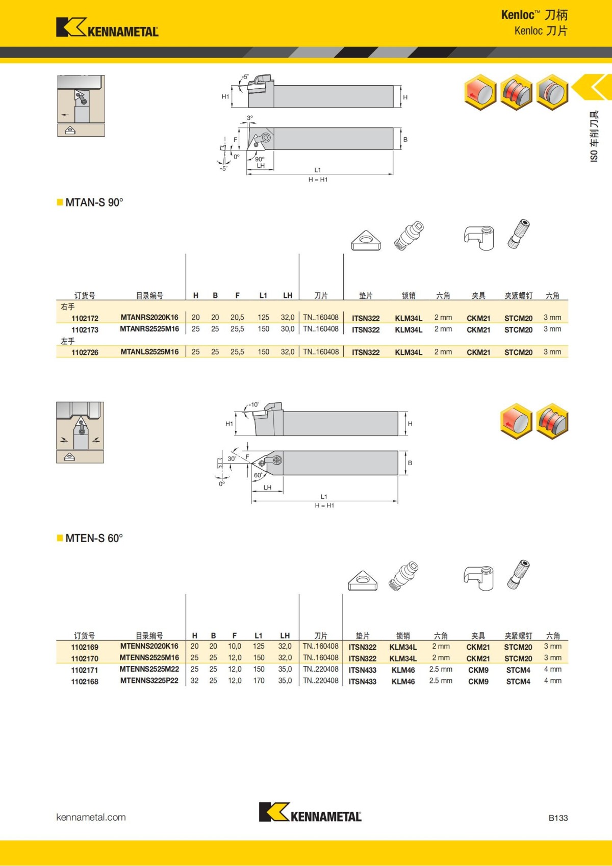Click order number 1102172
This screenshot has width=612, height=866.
point(85,318)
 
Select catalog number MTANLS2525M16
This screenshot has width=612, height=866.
point(149,352)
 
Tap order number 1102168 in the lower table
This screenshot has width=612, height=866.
point(85,681)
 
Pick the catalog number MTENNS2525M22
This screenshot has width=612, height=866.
point(149,669)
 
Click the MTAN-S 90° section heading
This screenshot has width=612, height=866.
point(94,202)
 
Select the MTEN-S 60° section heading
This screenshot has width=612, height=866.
point(94,539)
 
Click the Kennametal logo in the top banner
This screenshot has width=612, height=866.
point(107,28)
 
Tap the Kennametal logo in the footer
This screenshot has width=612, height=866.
point(310,812)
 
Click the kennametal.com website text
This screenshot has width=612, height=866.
point(91,817)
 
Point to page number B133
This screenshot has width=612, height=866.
point(558,818)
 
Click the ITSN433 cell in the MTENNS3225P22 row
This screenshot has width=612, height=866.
point(362,681)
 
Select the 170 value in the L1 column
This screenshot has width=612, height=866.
point(259,681)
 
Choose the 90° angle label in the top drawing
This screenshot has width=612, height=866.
point(260,159)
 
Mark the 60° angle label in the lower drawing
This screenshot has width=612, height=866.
point(258,475)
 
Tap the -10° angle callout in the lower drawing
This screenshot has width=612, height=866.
point(253,404)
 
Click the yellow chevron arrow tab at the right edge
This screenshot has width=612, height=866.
point(593,87)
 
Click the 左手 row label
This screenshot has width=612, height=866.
point(67,341)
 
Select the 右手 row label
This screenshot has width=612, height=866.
point(67,307)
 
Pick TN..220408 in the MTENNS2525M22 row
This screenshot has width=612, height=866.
point(320,669)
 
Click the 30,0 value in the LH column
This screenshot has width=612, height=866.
point(287,329)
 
